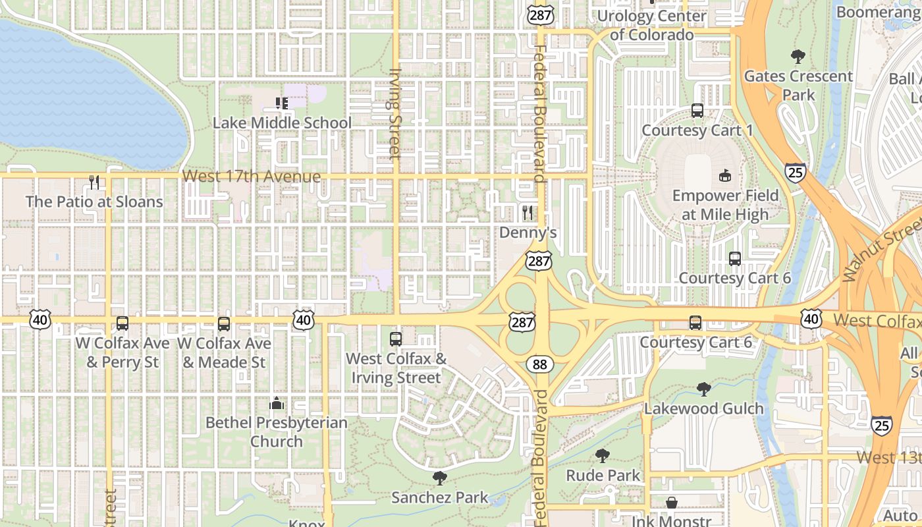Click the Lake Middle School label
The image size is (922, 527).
tap(282, 123)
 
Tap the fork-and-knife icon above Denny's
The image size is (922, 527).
tap(527, 212)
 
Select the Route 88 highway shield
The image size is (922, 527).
tap(539, 364)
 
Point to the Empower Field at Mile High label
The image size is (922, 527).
tap(725, 205)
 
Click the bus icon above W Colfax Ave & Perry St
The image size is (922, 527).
tap(122, 323)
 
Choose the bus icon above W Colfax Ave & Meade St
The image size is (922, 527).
tap(224, 323)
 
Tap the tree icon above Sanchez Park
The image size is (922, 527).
tap(439, 478)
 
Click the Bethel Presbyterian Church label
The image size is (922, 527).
tap(277, 431)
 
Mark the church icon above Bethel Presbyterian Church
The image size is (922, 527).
tap(277, 403)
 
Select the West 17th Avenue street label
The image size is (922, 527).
tap(252, 177)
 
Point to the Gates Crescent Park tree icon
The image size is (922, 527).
tap(798, 57)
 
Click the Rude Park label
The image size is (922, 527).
tap(603, 475)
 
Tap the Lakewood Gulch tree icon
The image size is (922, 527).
tap(703, 389)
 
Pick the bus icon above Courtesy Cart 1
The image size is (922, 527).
tap(697, 111)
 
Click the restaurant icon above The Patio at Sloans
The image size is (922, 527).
tap(94, 182)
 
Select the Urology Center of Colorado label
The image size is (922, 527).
tap(651, 25)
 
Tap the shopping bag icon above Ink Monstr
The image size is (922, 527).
tap(671, 503)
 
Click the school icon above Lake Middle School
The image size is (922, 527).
tap(282, 103)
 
